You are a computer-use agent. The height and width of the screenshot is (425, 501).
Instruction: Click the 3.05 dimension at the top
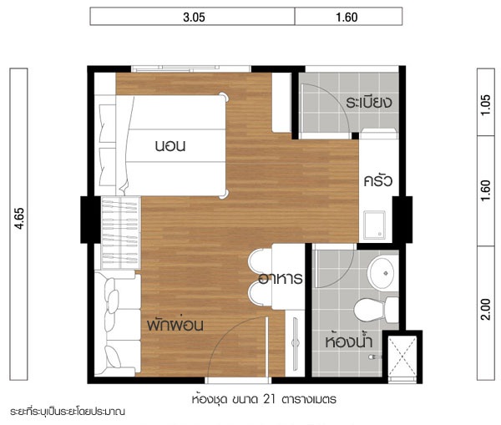point(194,18)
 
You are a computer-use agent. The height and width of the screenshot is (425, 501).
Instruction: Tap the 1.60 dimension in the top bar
point(347,18)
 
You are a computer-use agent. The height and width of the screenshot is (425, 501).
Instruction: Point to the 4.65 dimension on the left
point(19,219)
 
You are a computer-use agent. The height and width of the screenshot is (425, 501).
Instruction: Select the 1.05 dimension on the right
point(485,105)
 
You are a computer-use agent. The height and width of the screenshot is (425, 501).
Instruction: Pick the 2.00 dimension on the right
point(485,309)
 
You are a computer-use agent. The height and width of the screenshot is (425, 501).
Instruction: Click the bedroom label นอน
point(170,146)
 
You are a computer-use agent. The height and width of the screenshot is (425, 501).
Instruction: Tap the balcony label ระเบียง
point(369,102)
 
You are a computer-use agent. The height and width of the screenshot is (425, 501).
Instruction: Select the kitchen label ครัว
point(378,180)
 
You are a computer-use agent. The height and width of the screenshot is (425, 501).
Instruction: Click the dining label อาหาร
point(281,278)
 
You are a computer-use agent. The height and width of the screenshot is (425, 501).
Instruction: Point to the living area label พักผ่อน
point(175,325)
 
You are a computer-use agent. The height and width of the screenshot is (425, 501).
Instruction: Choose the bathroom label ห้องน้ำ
point(348,341)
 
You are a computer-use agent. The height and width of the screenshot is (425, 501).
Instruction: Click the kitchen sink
point(374,225)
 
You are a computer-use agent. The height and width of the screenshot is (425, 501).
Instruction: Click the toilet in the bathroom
point(376,310)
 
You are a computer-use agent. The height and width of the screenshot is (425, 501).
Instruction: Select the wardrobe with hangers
point(121,233)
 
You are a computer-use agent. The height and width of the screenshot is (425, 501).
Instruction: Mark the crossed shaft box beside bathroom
point(402,357)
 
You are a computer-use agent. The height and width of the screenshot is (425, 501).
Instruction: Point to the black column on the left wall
point(90,220)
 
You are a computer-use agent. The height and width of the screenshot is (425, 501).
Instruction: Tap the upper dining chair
point(260,261)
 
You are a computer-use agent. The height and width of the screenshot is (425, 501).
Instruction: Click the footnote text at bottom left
point(68,412)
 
